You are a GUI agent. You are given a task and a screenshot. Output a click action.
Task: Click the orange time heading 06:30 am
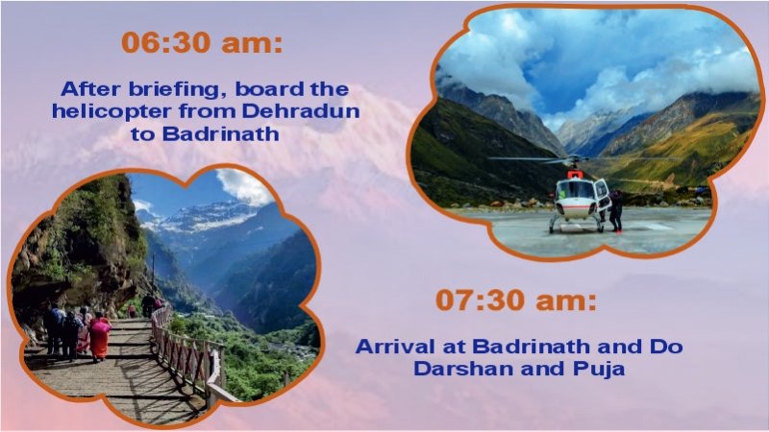point(202,43)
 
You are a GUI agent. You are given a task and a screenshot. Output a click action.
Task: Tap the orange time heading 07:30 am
point(516,300)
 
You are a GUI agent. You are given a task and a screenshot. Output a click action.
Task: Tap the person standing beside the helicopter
point(615,209)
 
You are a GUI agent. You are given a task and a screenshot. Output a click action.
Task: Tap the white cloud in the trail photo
point(246,184)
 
